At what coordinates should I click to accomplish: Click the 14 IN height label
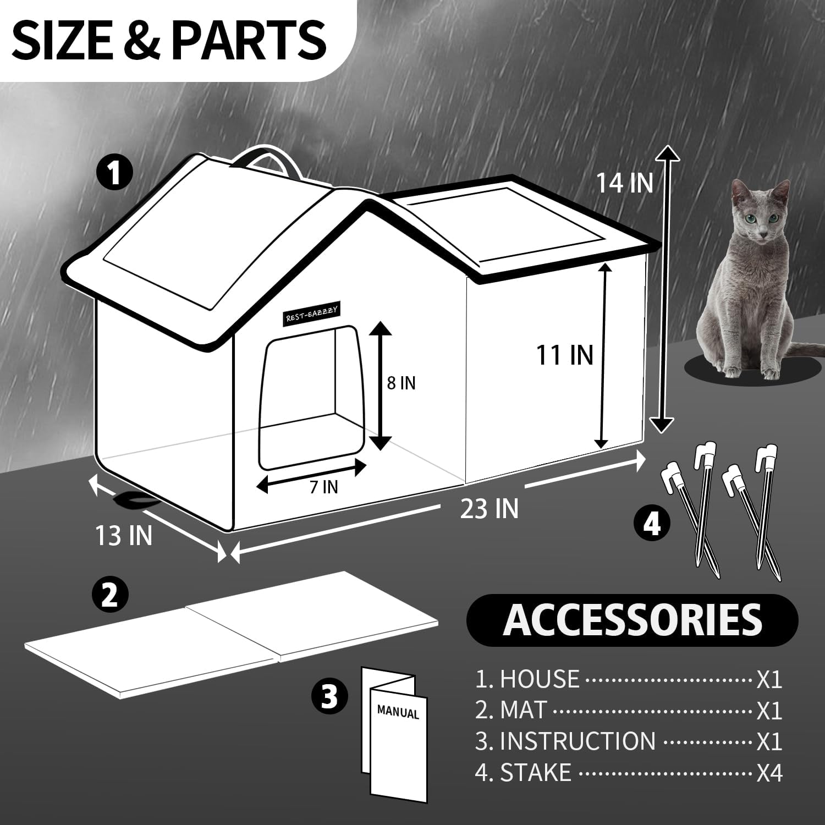[x=625, y=183]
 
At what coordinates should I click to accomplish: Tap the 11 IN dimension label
[x=565, y=355]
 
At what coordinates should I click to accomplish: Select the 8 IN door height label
[x=401, y=383]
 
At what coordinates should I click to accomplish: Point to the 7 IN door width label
[x=323, y=487]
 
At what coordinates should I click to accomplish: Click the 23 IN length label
[x=490, y=508]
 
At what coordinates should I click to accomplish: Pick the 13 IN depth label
[x=124, y=535]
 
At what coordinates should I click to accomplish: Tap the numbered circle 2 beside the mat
[x=110, y=595]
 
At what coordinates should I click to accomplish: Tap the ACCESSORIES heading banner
[x=632, y=620]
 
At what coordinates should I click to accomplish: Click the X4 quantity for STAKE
[x=769, y=773]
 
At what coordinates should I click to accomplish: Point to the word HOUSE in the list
[x=539, y=679]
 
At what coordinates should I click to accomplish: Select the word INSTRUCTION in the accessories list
[x=577, y=741]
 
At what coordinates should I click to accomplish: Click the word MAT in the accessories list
[x=523, y=710]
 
